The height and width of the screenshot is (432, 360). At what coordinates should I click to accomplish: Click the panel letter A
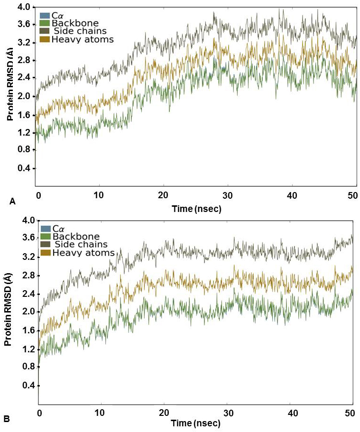point(13,201)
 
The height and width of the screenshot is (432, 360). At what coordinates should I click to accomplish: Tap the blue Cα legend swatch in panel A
point(45,16)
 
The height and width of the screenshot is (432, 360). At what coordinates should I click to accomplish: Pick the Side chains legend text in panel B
point(81,244)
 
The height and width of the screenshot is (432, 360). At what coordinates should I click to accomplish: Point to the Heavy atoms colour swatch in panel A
point(45,39)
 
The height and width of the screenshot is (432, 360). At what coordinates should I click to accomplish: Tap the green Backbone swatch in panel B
point(46,236)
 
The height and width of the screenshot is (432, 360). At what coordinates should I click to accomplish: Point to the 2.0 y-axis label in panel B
point(25,312)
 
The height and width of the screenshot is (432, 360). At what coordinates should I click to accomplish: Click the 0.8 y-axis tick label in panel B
point(25,367)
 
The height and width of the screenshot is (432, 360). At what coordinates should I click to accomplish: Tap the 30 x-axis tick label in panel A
point(228,195)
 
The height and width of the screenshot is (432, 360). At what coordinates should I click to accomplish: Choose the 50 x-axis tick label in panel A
point(352,195)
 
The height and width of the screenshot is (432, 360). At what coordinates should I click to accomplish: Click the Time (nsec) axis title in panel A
point(196,208)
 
